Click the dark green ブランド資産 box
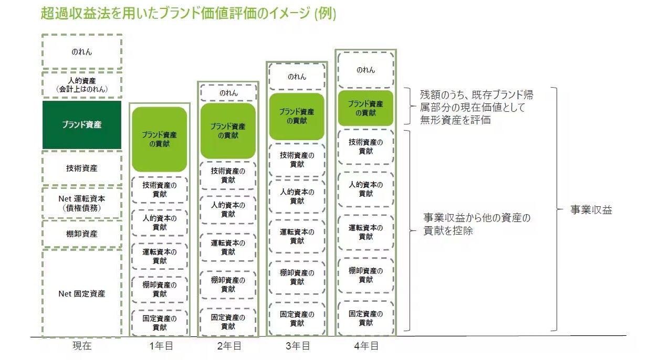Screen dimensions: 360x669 pos(81,125)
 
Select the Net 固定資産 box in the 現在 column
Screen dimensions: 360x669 pos(81,293)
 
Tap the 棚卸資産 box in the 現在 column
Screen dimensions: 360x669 pos(81,234)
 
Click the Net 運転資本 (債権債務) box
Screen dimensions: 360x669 pos(81,203)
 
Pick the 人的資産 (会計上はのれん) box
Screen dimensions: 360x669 pos(81,85)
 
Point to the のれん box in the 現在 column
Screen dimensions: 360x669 pos(81,52)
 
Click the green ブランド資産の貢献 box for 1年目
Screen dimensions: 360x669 pos(159,139)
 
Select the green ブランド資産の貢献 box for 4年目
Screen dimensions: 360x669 pos(365,108)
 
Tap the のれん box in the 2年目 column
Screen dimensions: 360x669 pos(228,93)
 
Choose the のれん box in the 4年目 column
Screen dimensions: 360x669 pos(365,70)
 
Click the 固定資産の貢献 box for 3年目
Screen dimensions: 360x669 pos(297,319)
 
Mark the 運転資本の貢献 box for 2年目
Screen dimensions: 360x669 pos(228,247)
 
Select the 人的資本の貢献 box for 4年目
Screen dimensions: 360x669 pos(365,189)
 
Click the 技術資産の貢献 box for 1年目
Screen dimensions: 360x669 pos(159,189)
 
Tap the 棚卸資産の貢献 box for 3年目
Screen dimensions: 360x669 pos(297,277)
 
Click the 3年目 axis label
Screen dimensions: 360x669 pos(297,346)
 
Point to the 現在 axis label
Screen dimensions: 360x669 pos(81,346)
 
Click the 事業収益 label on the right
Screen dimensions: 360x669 pos(591,210)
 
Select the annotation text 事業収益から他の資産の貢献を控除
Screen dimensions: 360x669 pos(476,224)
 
